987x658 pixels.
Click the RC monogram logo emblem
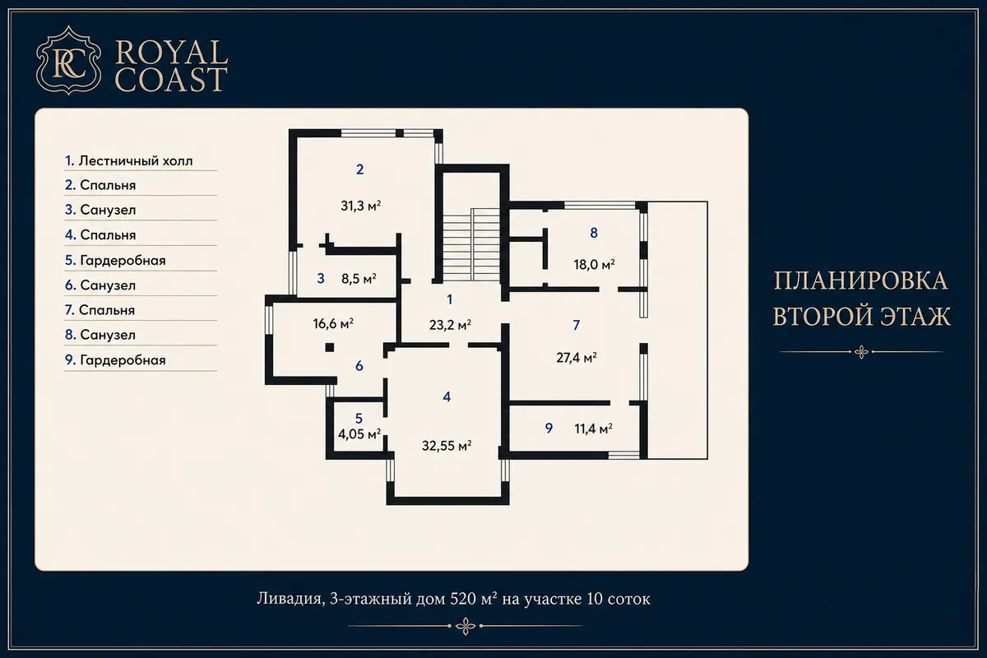[x=69, y=60]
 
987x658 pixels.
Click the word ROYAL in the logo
[x=171, y=53]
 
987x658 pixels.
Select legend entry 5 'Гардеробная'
[x=115, y=261]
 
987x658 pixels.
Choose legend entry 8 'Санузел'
[x=100, y=335]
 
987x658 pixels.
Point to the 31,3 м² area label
[x=361, y=206]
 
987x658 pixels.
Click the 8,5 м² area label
[x=359, y=279]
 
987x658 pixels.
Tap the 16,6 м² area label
[x=333, y=324]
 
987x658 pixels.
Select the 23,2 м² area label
[x=450, y=325]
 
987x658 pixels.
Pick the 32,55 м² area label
[x=447, y=446]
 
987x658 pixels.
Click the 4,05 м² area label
[x=359, y=434]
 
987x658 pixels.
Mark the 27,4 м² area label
[x=577, y=358]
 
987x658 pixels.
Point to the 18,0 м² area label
[x=594, y=265]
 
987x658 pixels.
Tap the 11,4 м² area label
[x=594, y=429]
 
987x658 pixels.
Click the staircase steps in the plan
[x=471, y=244]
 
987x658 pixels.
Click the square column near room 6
[x=330, y=348]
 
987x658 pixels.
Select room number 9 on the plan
[x=549, y=428]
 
